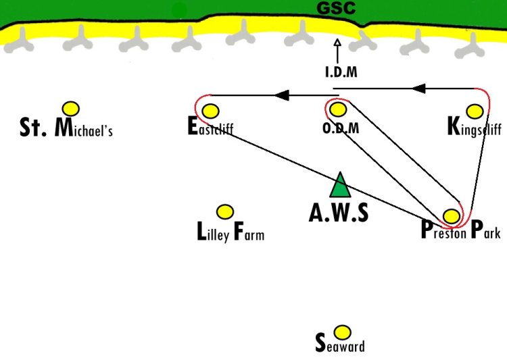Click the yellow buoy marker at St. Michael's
[x=71, y=109]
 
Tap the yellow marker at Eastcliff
[x=210, y=111]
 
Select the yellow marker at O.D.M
[x=338, y=109]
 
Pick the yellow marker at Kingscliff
[x=475, y=111]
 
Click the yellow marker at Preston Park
[x=452, y=216]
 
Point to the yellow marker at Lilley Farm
[x=224, y=212]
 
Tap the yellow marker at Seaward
[x=342, y=332]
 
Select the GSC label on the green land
[x=336, y=8]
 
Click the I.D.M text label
[x=341, y=72]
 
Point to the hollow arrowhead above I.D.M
[x=337, y=43]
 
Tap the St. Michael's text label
[x=66, y=128]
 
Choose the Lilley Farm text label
[x=231, y=232]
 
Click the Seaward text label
[x=340, y=343]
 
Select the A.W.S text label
[x=339, y=213]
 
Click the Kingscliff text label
[x=475, y=127]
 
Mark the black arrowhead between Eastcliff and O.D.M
[x=282, y=95]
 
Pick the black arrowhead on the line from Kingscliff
[x=418, y=88]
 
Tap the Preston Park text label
[x=461, y=230]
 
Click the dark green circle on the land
[x=179, y=11]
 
